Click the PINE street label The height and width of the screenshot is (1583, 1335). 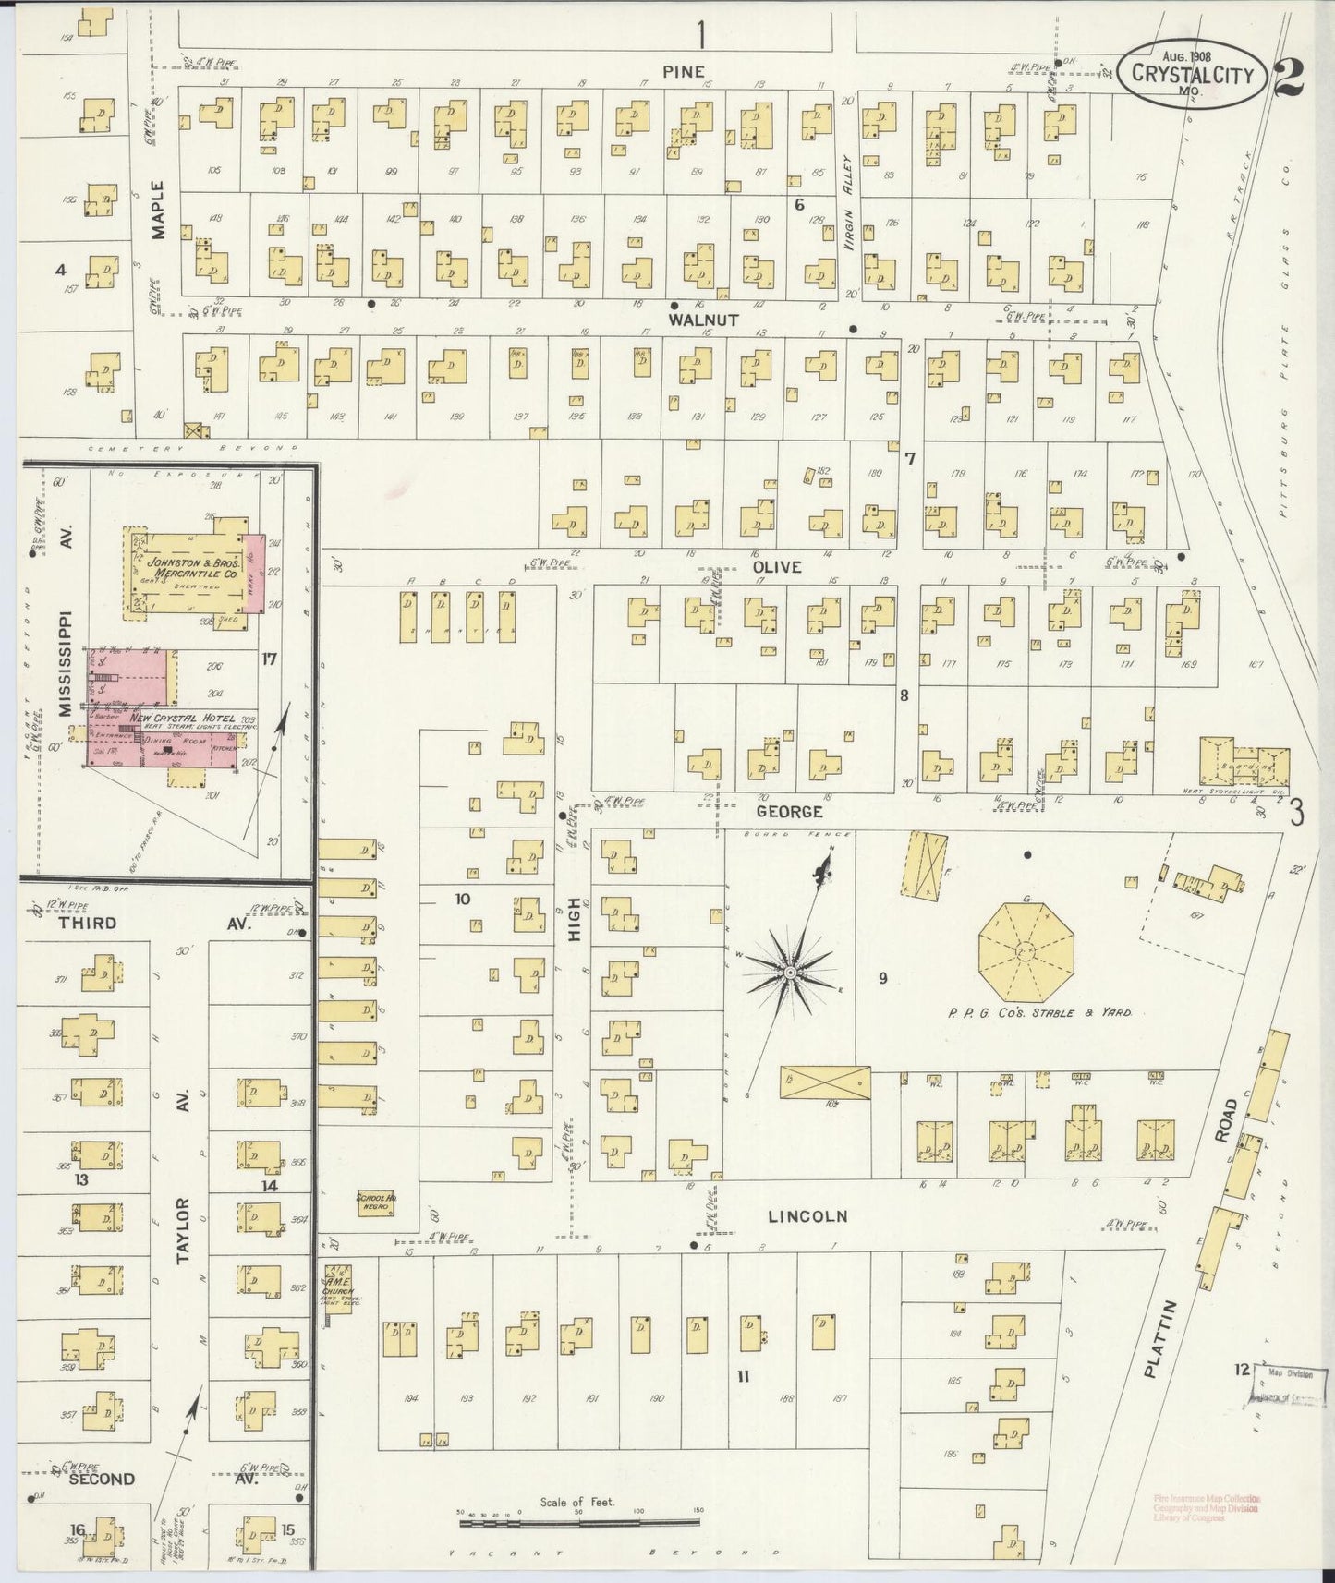(683, 71)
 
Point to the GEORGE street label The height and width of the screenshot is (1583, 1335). (789, 812)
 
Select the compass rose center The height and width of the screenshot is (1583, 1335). (790, 973)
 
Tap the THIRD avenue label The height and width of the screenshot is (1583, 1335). (87, 923)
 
